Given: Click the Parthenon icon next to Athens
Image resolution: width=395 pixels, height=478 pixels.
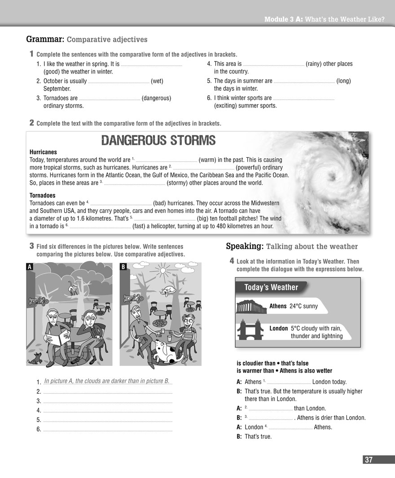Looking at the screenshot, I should click(x=251, y=307).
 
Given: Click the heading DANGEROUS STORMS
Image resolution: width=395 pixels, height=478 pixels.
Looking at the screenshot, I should click(x=158, y=140).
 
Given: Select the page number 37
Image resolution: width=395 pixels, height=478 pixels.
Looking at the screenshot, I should click(x=369, y=460).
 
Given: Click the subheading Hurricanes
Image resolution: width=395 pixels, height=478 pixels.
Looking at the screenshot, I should click(x=43, y=152).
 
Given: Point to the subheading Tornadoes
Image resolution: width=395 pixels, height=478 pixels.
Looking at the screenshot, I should click(x=43, y=196).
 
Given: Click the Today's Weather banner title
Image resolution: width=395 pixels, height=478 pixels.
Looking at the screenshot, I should click(x=271, y=287).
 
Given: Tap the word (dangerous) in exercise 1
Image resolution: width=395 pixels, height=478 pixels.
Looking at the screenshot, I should click(x=156, y=98).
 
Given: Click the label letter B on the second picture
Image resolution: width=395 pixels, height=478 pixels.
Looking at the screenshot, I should click(x=123, y=267).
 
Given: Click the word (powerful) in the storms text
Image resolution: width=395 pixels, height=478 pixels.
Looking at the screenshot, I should click(x=250, y=168).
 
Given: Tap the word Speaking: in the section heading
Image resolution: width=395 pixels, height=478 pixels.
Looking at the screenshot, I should click(x=244, y=246).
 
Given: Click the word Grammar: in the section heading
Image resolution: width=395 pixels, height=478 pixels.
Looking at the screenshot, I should click(x=45, y=39).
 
